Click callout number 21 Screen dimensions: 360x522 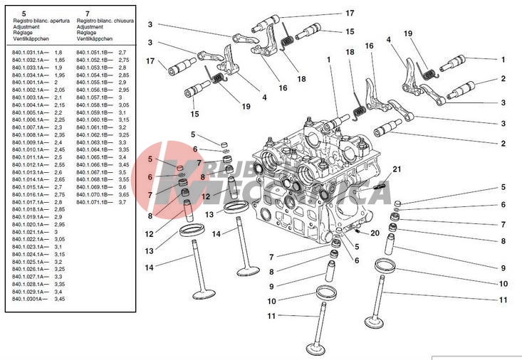pos(397,169)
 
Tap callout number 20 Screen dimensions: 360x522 pos(375,233)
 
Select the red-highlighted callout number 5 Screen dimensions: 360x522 pos(151,159)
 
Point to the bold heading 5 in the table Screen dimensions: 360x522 pos(24,14)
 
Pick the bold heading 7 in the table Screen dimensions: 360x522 pos(87,14)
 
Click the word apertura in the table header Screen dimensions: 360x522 pos(61,22)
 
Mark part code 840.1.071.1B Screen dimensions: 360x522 pos(95,203)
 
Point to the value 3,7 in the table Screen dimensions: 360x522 pos(123,203)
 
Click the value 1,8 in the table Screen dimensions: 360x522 pos(58,53)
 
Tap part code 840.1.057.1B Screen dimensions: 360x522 pos(95,97)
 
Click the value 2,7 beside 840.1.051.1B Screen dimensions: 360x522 pos(122,53)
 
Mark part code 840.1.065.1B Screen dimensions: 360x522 pos(95,157)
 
